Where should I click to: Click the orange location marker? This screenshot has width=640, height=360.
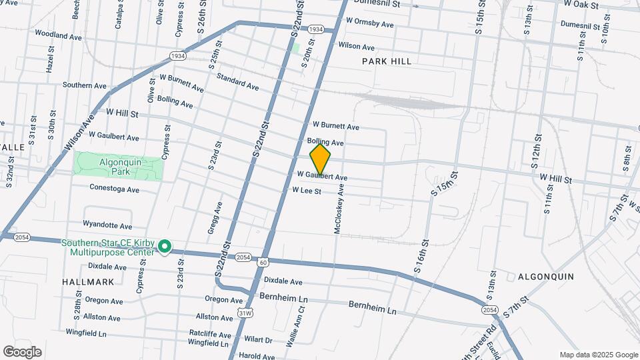tap(320, 159)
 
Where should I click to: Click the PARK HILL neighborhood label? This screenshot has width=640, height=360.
tap(387, 61)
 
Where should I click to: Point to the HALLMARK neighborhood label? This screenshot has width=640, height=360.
tap(88, 282)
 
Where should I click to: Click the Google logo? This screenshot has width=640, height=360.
tap(22, 352)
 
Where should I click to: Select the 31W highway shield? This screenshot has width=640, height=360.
tap(245, 312)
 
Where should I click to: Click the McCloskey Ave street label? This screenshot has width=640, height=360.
tap(339, 209)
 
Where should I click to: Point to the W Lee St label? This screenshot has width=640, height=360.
tap(307, 191)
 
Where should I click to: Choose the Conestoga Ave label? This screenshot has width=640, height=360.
tap(114, 189)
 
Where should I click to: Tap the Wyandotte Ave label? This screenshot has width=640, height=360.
tap(107, 225)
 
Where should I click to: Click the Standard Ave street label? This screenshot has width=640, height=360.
tap(237, 81)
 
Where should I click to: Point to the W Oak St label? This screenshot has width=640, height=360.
tap(581, 4)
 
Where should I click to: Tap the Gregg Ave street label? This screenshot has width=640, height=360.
tap(217, 217)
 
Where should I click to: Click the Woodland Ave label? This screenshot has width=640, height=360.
tap(58, 34)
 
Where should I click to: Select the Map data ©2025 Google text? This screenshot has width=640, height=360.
tap(599, 355)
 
